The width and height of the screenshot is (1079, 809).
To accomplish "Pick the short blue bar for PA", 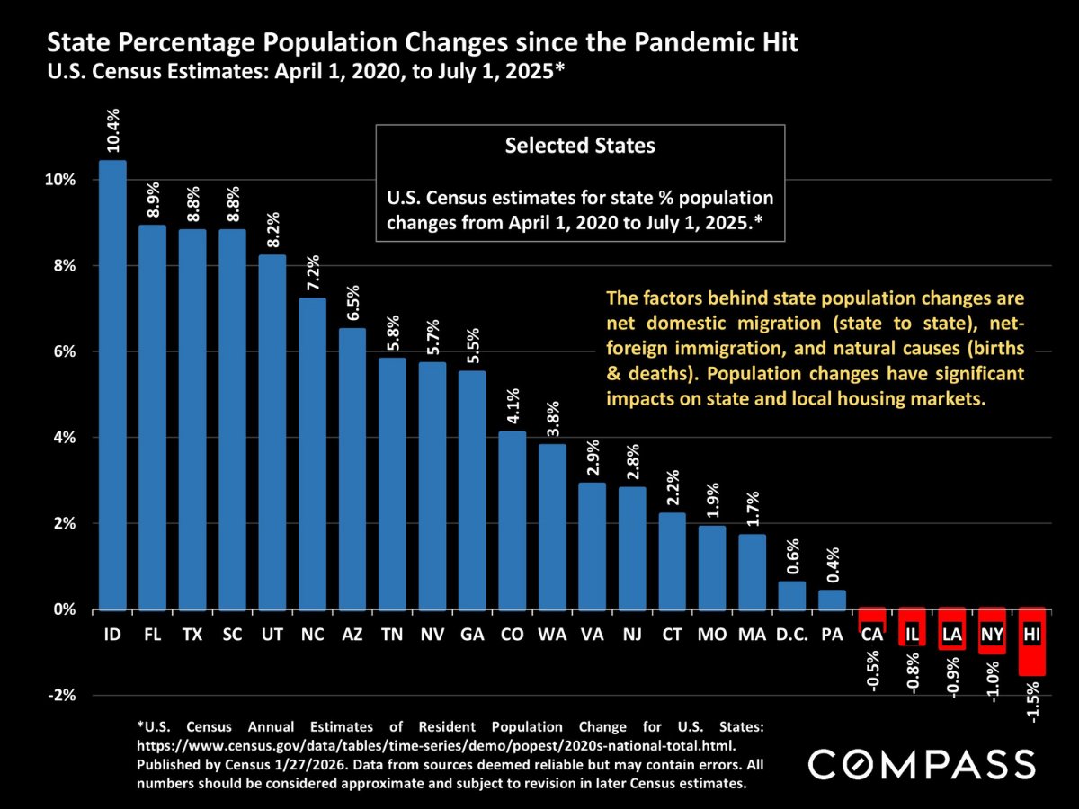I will click(832, 600).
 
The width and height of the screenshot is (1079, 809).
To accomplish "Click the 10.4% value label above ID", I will click(114, 132).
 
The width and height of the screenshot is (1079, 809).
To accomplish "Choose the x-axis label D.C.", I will click(792, 636).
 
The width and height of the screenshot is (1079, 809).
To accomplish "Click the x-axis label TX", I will click(192, 636).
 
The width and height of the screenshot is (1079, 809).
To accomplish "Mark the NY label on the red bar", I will click(992, 636).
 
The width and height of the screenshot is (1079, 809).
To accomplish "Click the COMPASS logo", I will click(922, 764).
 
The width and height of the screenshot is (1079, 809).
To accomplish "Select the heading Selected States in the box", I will click(580, 146).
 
